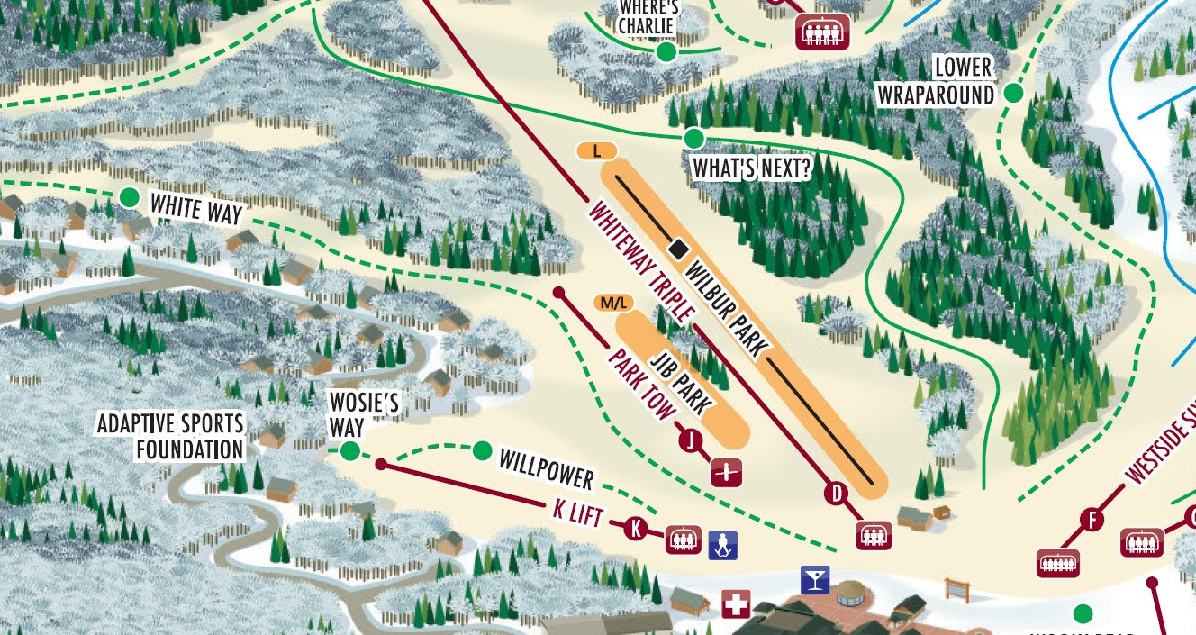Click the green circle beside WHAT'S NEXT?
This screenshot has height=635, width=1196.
[693, 139]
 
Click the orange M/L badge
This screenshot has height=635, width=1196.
[612, 304]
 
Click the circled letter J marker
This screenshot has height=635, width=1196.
[691, 440]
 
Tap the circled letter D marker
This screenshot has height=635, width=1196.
[837, 493]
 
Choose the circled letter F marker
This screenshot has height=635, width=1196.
[1092, 520]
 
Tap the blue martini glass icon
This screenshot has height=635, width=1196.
[815, 579]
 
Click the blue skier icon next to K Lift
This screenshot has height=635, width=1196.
[722, 545]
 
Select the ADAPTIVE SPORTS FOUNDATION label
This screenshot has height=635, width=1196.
[170, 436]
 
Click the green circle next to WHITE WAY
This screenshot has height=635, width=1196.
[130, 197]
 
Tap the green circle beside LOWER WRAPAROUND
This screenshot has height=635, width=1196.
[1014, 93]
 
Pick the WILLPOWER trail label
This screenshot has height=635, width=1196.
[547, 468]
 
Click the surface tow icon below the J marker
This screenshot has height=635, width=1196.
[726, 473]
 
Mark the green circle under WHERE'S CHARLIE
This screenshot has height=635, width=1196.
[666, 52]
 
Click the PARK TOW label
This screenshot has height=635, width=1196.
[641, 386]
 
